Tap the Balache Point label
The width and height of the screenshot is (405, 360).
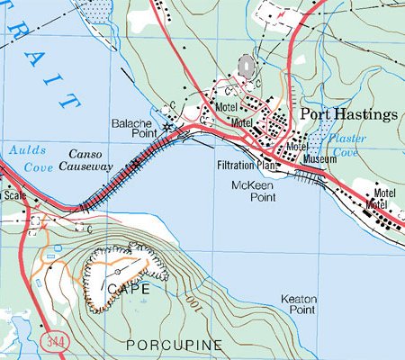pyautogui.click(x=134, y=129)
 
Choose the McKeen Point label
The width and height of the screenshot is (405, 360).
pyautogui.click(x=252, y=191)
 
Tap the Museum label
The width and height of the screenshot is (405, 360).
pyautogui.click(x=319, y=159)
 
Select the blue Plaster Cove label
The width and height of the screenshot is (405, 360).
pyautogui.click(x=346, y=146)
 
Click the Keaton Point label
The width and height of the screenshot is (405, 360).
pyautogui.click(x=298, y=305)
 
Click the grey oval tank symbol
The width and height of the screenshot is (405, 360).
pyautogui.click(x=247, y=66)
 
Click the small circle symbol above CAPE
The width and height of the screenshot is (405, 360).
pyautogui.click(x=118, y=270)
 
